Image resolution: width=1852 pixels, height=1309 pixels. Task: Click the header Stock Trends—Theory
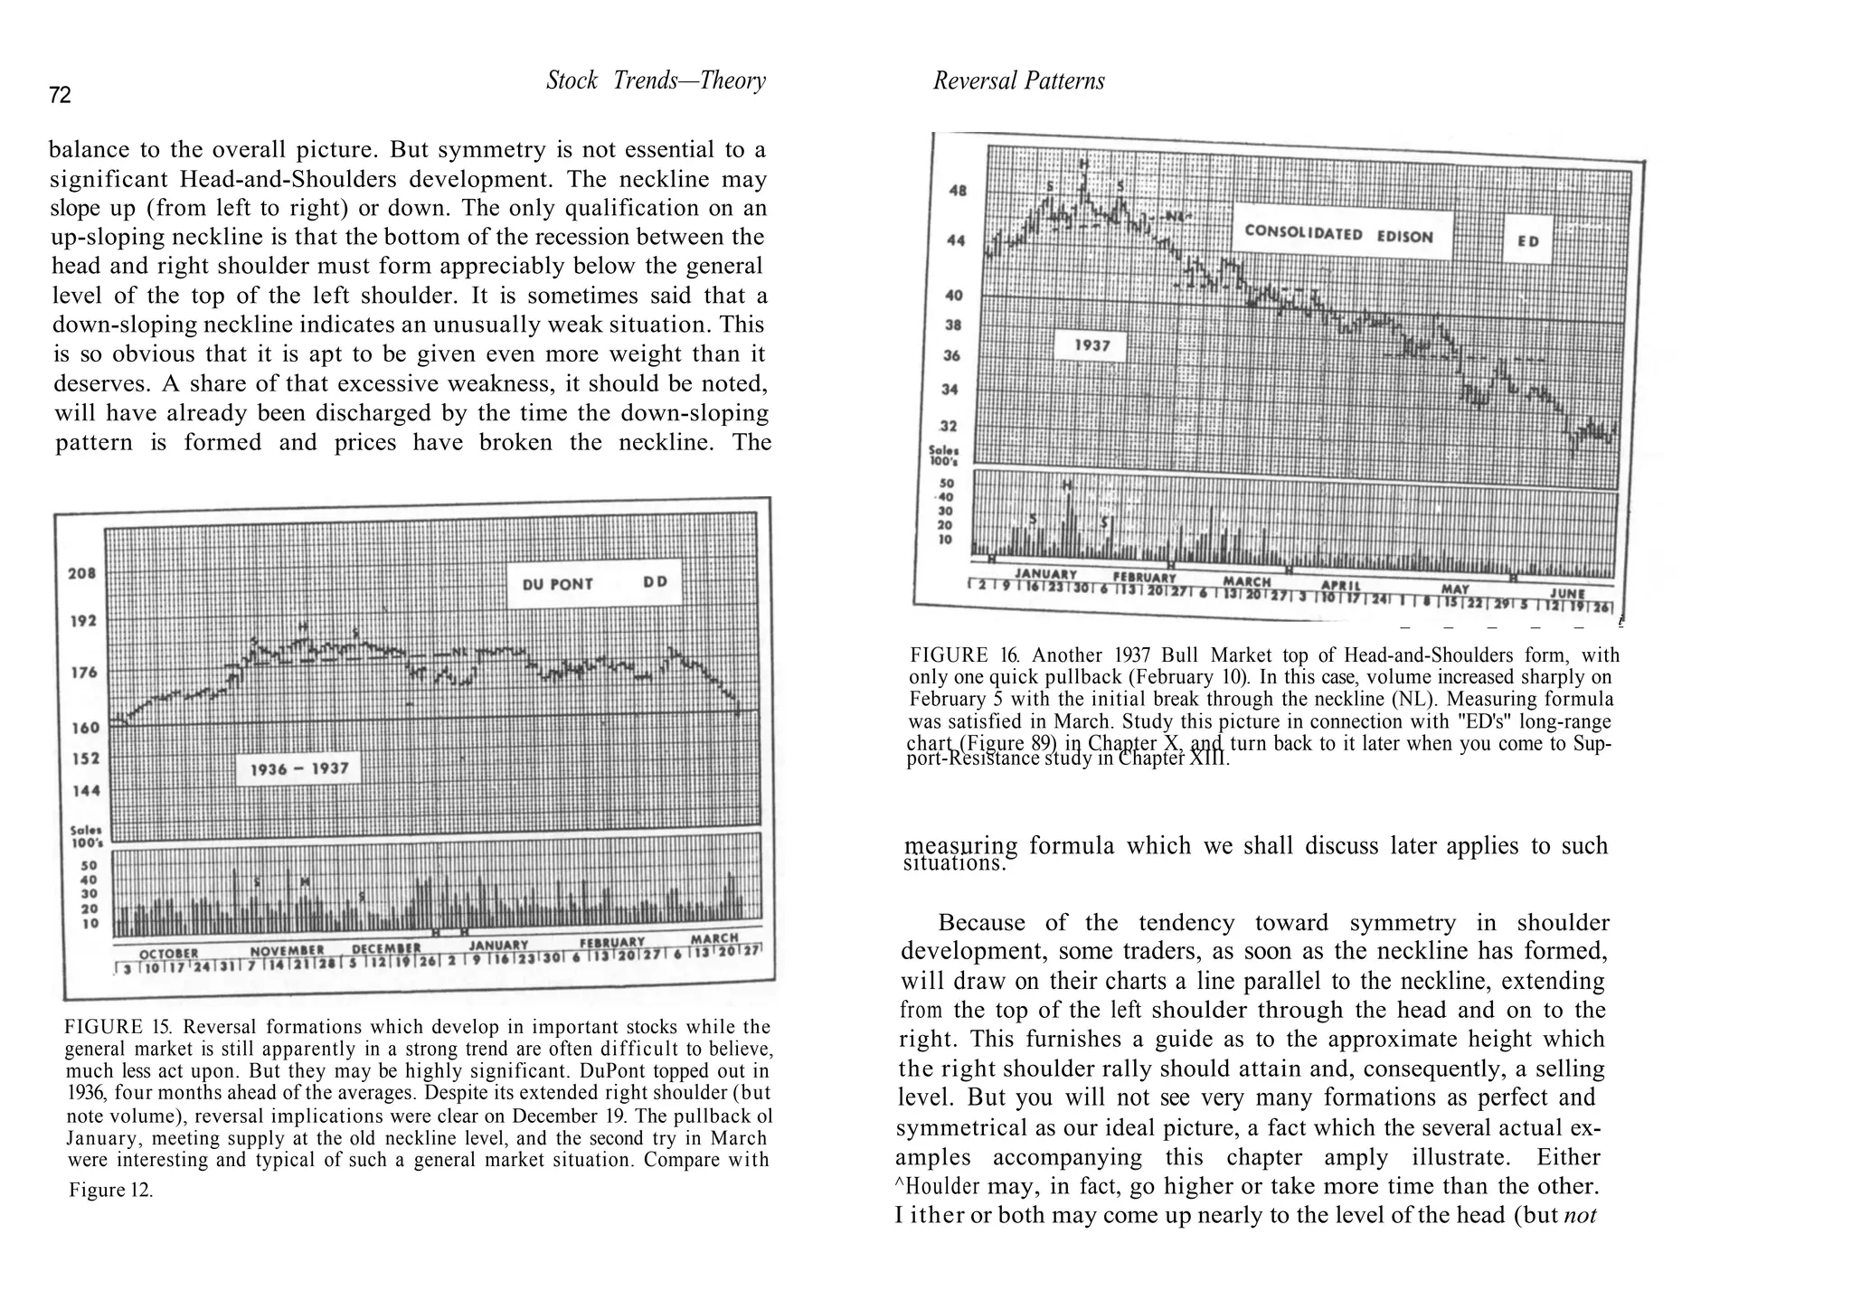pos(656,81)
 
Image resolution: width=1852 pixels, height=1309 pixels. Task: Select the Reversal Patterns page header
pos(1018,81)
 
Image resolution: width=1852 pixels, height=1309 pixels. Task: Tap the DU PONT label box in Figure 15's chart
pos(594,583)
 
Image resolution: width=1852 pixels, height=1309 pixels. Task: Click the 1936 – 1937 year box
pos(298,769)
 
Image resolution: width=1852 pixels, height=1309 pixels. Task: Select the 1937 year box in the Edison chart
pos(1091,345)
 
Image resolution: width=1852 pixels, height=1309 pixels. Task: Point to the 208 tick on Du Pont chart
pos(82,573)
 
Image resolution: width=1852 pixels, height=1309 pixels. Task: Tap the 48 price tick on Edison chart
pos(957,191)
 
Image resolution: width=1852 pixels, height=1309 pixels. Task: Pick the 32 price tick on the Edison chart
pos(950,426)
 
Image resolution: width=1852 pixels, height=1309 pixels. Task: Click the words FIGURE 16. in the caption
pos(963,655)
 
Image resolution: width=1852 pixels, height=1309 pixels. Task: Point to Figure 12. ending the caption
pos(110,1190)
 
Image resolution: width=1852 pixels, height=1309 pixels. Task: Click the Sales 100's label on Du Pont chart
pos(86,836)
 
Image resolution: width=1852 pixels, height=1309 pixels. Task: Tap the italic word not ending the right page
pos(1579,1215)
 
